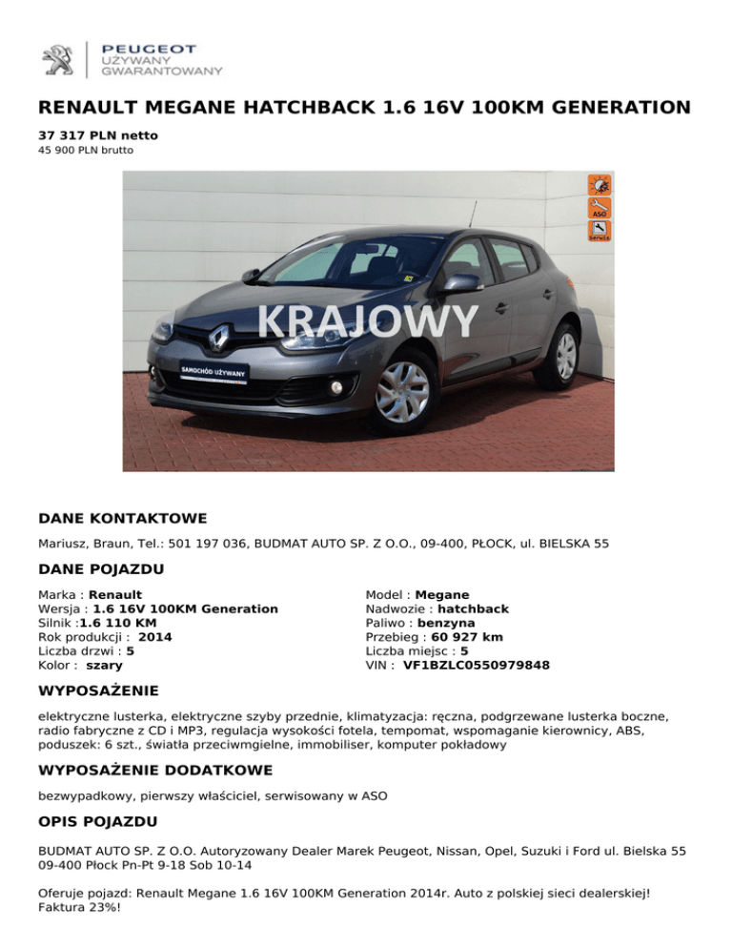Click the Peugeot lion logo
tap(57, 59)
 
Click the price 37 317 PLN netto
tap(98, 136)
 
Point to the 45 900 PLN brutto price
tap(86, 151)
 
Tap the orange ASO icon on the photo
tap(600, 209)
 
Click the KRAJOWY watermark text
tap(367, 321)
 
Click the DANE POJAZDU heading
tap(100, 569)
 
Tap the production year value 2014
tap(155, 636)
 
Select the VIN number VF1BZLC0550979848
tap(477, 665)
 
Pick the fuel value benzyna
tap(444, 623)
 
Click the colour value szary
tap(105, 665)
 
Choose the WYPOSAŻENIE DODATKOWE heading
tap(154, 770)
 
